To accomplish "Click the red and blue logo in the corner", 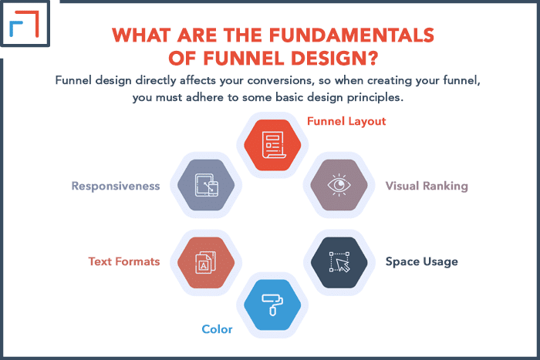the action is coord(24,23).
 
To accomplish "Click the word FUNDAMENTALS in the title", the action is coord(351,35).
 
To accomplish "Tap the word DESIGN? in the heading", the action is coord(334,58).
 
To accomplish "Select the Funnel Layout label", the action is coord(346,121).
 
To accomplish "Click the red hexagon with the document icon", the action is coord(272,145).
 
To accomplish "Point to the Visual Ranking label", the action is coord(427,186).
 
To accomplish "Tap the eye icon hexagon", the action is coord(339,185).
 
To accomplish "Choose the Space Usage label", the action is coord(422,261).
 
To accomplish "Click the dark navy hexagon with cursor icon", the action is coord(339,263).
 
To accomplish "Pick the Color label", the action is coord(217,329).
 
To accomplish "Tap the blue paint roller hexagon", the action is coord(272,305).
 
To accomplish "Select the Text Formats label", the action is coord(124,261).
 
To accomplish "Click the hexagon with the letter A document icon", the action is coord(206,263).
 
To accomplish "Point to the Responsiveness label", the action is coord(116,186).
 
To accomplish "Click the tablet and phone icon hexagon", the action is coord(206,185).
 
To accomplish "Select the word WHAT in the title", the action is coord(141,35).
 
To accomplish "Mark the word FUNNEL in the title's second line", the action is coord(245,58).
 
